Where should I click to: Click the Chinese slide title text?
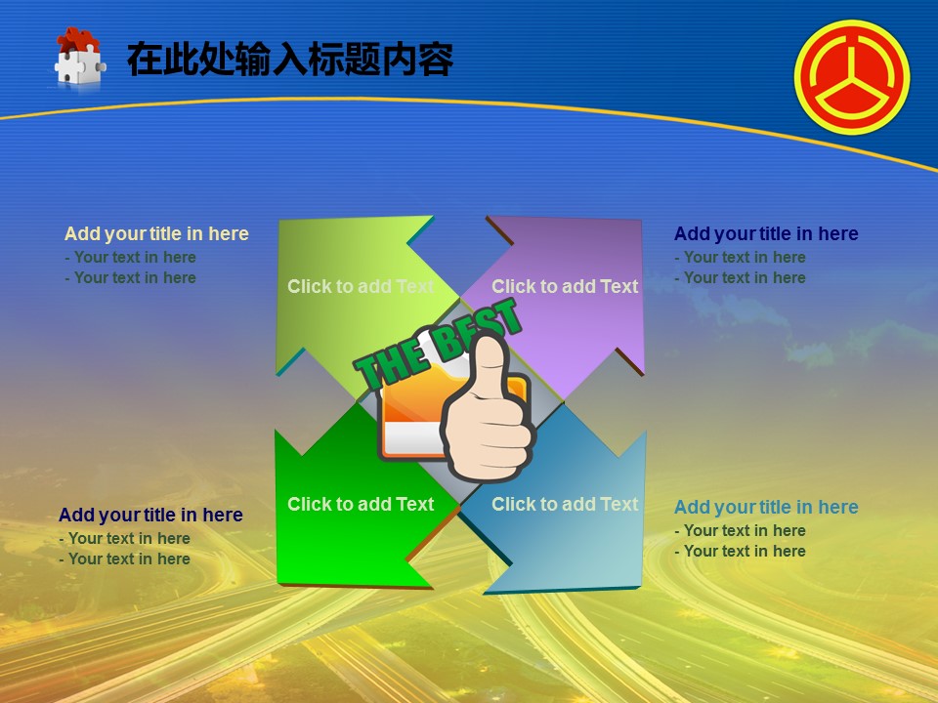[x=290, y=60]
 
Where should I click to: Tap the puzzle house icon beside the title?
[x=79, y=58]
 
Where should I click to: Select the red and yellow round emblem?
[x=852, y=77]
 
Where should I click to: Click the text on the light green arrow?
[x=361, y=286]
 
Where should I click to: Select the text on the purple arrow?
[x=565, y=286]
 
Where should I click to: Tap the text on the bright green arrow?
[x=361, y=504]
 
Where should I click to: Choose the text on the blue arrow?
[x=565, y=504]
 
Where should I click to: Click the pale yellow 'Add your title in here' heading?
[x=156, y=233]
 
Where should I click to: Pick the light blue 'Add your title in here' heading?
[x=766, y=507]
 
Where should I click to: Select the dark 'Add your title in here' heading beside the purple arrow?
[x=766, y=233]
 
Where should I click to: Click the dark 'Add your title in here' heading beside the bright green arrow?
[x=150, y=515]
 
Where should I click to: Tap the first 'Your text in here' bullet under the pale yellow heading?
[x=130, y=257]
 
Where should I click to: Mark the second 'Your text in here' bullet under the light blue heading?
[x=740, y=551]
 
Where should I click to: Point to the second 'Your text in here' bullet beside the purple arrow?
[x=740, y=278]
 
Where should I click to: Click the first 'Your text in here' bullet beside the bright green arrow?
[x=124, y=538]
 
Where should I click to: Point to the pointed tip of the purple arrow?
[x=641, y=220]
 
